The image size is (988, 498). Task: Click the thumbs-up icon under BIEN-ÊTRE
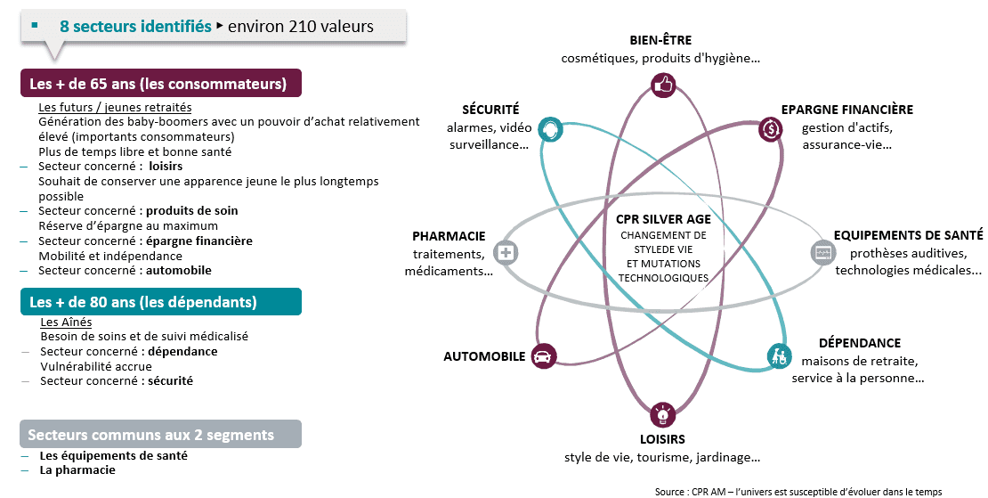(x=663, y=85)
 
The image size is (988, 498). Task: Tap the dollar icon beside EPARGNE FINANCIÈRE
(x=771, y=129)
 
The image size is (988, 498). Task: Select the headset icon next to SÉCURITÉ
(x=551, y=129)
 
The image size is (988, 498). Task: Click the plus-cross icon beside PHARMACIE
(x=506, y=253)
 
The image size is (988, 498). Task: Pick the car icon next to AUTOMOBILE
(x=543, y=356)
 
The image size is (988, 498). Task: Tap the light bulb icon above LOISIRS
(x=662, y=415)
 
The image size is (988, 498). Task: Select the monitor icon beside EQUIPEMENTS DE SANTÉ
(x=823, y=253)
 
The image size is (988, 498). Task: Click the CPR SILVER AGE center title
(x=663, y=219)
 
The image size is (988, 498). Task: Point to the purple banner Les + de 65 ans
(x=161, y=83)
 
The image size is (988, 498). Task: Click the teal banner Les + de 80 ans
(x=161, y=302)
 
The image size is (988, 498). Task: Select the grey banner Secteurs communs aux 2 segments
(x=161, y=435)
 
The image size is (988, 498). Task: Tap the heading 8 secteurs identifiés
(x=135, y=27)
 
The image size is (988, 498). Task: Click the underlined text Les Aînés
(x=66, y=322)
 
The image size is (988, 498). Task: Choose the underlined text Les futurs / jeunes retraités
(x=116, y=107)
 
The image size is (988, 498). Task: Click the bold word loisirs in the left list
(x=166, y=166)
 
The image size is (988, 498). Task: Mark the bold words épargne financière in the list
(x=199, y=241)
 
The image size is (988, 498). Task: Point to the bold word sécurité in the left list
(x=171, y=380)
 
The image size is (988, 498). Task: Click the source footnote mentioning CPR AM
(x=798, y=492)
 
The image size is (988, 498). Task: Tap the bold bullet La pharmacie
(x=77, y=470)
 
